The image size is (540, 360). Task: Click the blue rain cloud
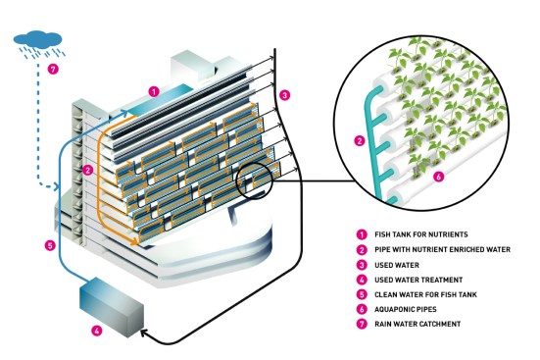click(x=38, y=39)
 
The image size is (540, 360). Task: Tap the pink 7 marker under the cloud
click(x=53, y=69)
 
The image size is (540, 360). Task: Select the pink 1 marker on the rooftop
click(x=154, y=92)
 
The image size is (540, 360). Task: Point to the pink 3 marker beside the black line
click(x=284, y=95)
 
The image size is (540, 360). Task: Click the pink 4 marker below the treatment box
click(x=97, y=331)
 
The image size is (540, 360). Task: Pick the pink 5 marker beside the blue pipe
click(x=50, y=245)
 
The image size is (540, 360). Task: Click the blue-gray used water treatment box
click(x=112, y=307)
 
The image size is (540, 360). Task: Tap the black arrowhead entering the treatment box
click(x=144, y=333)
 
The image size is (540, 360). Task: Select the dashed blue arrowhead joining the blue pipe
click(x=56, y=186)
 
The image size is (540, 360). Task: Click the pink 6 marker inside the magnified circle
click(x=438, y=177)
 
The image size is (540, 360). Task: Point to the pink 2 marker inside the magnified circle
click(x=360, y=140)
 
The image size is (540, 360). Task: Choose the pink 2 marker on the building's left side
click(x=88, y=170)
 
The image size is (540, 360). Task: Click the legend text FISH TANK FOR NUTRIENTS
click(x=421, y=234)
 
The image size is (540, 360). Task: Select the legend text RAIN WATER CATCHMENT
click(x=417, y=324)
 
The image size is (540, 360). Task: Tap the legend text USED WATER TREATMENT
click(x=418, y=280)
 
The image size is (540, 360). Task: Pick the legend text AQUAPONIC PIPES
click(x=406, y=309)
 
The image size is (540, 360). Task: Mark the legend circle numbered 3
click(x=362, y=265)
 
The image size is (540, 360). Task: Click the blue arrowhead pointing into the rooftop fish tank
click(x=124, y=112)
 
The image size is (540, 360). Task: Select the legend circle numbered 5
click(x=362, y=294)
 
